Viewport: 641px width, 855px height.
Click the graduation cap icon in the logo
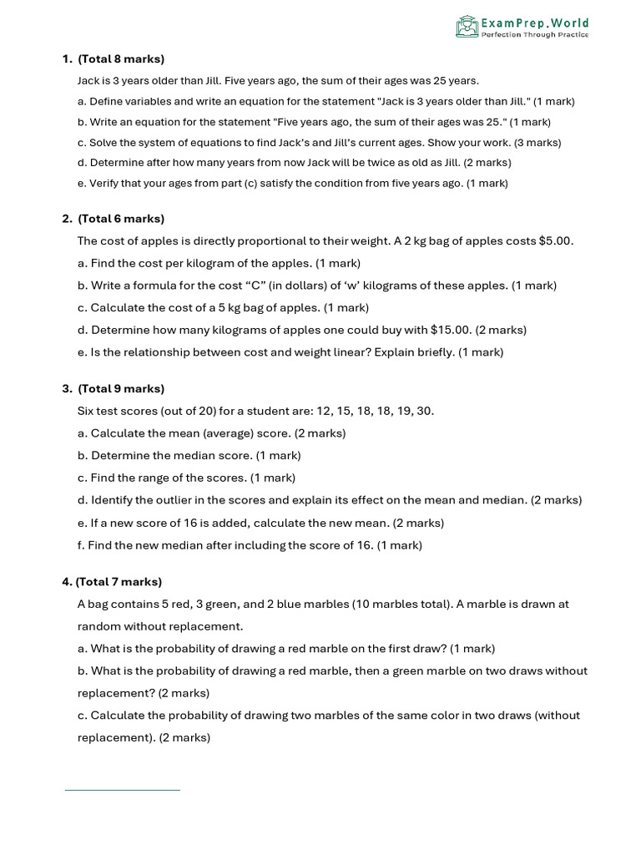point(467,27)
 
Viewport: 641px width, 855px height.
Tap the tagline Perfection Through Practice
point(534,34)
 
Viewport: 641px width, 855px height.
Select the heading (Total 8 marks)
point(121,59)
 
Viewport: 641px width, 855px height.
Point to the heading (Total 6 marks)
point(121,219)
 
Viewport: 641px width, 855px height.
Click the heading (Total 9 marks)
point(121,389)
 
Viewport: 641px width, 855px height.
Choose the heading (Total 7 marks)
point(119,582)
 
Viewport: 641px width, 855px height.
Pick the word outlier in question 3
point(184,501)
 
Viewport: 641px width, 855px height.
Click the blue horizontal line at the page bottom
point(123,789)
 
